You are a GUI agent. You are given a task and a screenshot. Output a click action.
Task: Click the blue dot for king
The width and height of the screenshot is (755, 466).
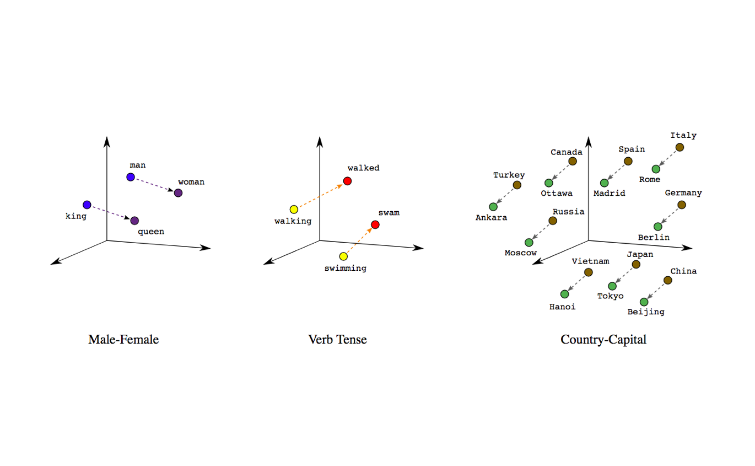pyautogui.click(x=87, y=205)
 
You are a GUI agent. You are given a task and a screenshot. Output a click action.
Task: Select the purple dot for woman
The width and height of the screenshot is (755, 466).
pyautogui.click(x=178, y=193)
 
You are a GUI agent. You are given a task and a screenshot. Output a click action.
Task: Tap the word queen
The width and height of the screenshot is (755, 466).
pyautogui.click(x=151, y=232)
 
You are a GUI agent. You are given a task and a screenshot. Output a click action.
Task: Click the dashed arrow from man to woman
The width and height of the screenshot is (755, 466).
pyautogui.click(x=154, y=185)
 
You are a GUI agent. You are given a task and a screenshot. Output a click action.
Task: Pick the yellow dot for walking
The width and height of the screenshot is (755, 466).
pyautogui.click(x=294, y=210)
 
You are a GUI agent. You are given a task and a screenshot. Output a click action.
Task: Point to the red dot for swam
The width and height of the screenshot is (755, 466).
pyautogui.click(x=375, y=224)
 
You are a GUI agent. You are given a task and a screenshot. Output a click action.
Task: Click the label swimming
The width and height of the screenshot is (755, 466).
pyautogui.click(x=346, y=269)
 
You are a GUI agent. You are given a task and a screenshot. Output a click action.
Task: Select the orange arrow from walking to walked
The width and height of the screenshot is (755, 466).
pyautogui.click(x=321, y=195)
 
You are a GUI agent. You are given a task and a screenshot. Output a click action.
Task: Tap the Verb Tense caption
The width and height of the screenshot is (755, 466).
pyautogui.click(x=337, y=340)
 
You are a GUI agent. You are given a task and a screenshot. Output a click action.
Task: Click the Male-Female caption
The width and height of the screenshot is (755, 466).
pyautogui.click(x=123, y=340)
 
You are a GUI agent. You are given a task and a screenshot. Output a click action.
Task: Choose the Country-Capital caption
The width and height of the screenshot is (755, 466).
pyautogui.click(x=603, y=340)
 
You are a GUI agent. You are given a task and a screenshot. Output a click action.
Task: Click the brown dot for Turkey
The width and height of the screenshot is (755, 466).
pyautogui.click(x=517, y=185)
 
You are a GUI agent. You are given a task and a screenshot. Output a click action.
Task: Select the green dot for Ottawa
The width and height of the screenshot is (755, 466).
pyautogui.click(x=549, y=183)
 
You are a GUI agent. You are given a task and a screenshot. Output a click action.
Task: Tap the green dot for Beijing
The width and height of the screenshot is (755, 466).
pyautogui.click(x=644, y=302)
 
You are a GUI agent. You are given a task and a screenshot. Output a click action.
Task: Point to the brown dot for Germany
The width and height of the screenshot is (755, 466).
pyautogui.click(x=682, y=205)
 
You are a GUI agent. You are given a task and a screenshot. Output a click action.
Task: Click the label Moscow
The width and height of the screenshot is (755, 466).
pyautogui.click(x=521, y=253)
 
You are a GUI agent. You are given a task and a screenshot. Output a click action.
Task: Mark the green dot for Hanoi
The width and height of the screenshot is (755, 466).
pyautogui.click(x=564, y=294)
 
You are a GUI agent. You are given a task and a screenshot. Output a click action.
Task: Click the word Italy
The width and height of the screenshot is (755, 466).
pyautogui.click(x=683, y=136)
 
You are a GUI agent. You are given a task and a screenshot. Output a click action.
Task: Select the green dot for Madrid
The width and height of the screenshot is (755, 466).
pyautogui.click(x=605, y=183)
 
